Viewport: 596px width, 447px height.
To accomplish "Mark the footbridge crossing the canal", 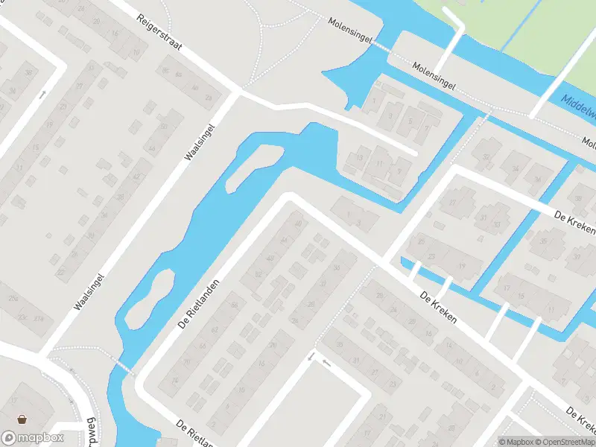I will click(124, 366).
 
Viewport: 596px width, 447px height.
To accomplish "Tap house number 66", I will click(235, 305).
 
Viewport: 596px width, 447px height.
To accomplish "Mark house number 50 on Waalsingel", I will click(163, 127).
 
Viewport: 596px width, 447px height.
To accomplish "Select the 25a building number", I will click(13, 298).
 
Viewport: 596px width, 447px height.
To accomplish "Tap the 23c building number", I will click(22, 318).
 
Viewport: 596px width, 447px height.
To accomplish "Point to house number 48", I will click(269, 259).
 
